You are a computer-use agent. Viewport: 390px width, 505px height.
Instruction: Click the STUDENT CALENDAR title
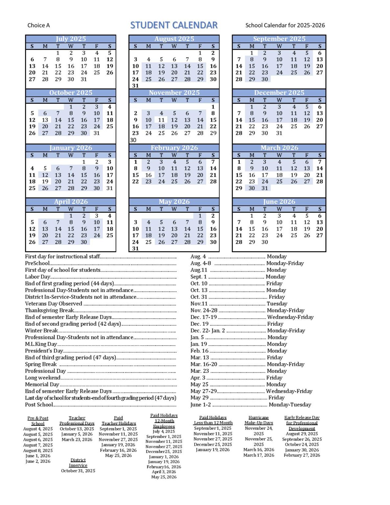click(x=174, y=25)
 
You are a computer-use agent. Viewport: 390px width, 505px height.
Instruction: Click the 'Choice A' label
click(x=38, y=25)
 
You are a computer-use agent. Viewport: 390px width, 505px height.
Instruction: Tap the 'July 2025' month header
click(x=71, y=39)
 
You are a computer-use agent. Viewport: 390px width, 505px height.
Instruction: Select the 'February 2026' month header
click(x=174, y=148)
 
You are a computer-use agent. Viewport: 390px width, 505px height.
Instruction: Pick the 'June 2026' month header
click(x=279, y=202)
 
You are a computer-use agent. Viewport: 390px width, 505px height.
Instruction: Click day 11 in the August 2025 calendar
click(x=149, y=66)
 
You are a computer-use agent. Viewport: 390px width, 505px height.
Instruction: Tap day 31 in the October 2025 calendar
click(x=97, y=133)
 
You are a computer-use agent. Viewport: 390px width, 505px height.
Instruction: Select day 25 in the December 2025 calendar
click(x=294, y=127)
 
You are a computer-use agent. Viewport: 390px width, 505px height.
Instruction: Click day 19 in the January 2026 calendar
click(x=45, y=181)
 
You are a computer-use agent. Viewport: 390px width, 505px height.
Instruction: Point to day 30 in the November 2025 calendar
click(x=133, y=140)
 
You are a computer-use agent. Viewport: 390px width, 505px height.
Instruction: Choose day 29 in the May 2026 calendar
click(x=200, y=242)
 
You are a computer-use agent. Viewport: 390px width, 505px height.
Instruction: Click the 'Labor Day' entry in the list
click(x=38, y=277)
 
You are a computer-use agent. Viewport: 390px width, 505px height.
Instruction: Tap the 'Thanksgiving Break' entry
click(x=50, y=310)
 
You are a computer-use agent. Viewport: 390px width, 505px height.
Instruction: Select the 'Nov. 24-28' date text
click(x=204, y=310)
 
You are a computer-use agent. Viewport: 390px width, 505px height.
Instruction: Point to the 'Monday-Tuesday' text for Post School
click(x=290, y=405)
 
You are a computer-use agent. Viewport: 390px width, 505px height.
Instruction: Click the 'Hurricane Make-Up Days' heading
click(x=259, y=420)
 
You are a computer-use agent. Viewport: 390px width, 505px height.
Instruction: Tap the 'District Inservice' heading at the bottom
click(x=78, y=463)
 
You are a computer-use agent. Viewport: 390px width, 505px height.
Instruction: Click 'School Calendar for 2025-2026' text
click(x=285, y=25)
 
